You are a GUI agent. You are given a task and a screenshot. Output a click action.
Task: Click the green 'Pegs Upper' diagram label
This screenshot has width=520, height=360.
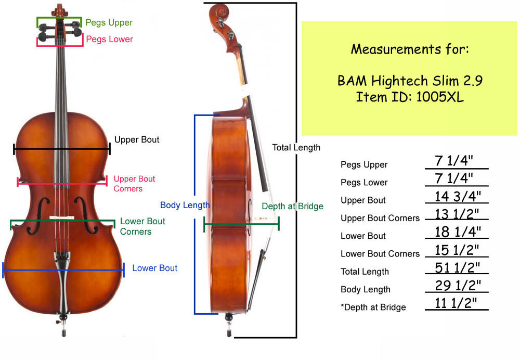pyautogui.click(x=109, y=23)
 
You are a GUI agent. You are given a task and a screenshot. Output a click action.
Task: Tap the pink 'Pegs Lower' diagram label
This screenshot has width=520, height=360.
pyautogui.click(x=109, y=40)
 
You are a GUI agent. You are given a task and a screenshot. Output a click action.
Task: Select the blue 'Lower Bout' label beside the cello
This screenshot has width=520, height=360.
pyautogui.click(x=154, y=268)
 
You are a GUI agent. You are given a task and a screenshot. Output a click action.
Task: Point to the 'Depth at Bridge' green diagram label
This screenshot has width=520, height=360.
pyautogui.click(x=292, y=207)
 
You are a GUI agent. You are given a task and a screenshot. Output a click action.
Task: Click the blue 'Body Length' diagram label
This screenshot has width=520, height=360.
pyautogui.click(x=185, y=205)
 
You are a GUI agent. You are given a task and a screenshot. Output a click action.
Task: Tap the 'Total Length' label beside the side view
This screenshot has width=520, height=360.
pyautogui.click(x=296, y=148)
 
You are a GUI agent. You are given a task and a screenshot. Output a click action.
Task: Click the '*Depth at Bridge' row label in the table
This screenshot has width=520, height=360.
pyautogui.click(x=373, y=307)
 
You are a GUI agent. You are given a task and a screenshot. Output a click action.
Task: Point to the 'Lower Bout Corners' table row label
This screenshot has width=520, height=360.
pyautogui.click(x=380, y=254)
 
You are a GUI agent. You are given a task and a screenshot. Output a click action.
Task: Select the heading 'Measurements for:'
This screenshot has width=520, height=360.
pyautogui.click(x=410, y=49)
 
